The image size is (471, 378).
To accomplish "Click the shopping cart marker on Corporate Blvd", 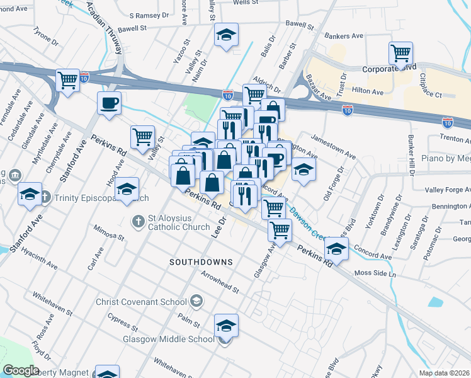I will coord(400,54).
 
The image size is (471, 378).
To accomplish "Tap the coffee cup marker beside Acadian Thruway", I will coord(109,103).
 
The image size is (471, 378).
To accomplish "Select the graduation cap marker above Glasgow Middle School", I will coord(226,326).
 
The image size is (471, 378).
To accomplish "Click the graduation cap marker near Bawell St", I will coord(226,35).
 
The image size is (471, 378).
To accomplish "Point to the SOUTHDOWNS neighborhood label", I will coord(201,261).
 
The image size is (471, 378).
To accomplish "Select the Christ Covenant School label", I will coord(141,302).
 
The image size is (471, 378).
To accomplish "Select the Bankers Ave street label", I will coord(344,37).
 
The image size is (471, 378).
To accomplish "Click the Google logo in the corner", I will coord(21,370).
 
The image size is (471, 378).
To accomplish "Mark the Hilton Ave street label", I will coord(368,91).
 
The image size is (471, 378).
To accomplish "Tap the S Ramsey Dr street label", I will coord(150,15).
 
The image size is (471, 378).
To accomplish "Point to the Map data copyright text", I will coord(444,372).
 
